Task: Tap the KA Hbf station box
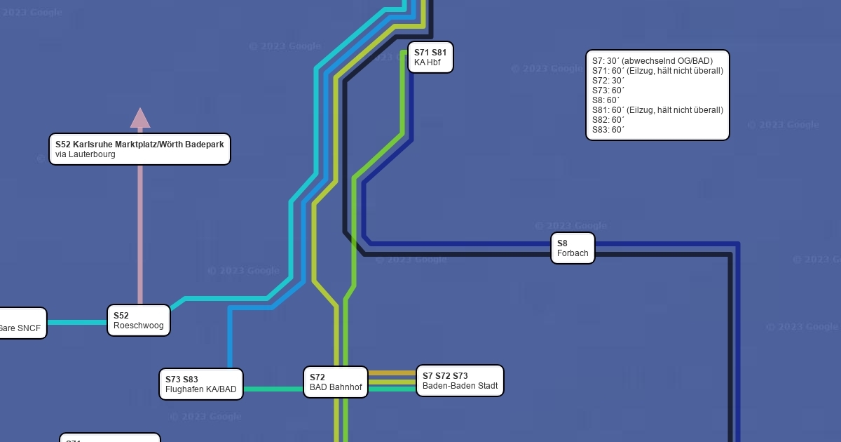(430, 58)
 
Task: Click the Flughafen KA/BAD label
(201, 389)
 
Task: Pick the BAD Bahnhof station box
(335, 382)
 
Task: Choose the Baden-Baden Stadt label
(460, 386)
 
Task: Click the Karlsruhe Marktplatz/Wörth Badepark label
(139, 144)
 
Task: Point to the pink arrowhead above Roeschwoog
(140, 118)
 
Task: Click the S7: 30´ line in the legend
(652, 61)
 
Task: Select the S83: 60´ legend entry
(608, 130)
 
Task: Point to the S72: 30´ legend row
(608, 81)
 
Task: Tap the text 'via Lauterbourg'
(86, 154)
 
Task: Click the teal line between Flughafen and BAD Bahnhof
(273, 389)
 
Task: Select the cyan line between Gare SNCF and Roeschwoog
(77, 323)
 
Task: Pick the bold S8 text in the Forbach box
(562, 243)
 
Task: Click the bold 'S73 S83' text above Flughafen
(182, 380)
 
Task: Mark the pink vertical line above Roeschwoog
(140, 232)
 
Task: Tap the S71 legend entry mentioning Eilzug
(657, 71)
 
